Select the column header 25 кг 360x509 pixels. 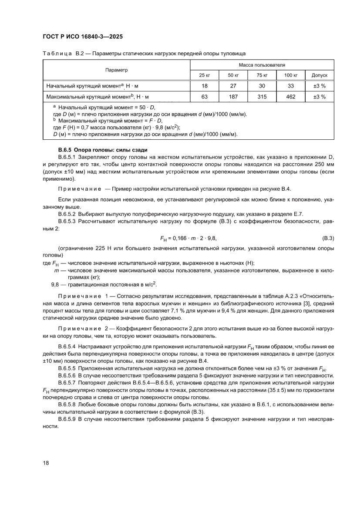[205, 75]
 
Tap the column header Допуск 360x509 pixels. [320, 75]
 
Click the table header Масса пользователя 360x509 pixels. [262, 64]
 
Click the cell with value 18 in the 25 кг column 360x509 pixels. [205, 86]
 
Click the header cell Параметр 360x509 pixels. [116, 70]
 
